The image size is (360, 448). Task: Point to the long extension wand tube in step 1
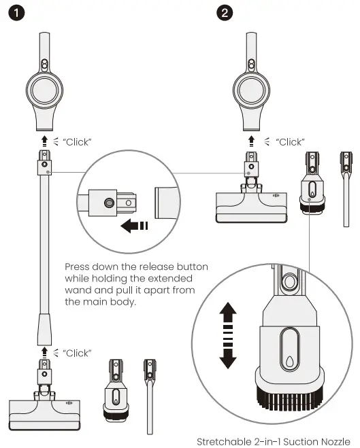(x=44, y=258)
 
